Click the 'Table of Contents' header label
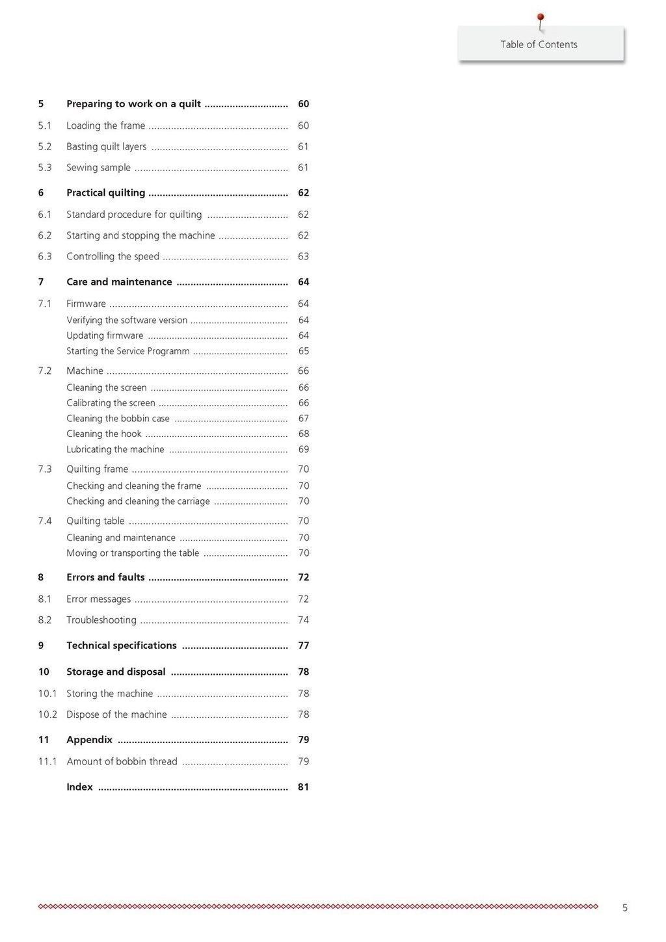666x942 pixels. [539, 44]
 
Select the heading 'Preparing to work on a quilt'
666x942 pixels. [133, 104]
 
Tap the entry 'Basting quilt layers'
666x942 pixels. [106, 147]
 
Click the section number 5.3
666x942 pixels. [44, 168]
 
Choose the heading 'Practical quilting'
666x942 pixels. [105, 193]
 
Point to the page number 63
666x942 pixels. [303, 257]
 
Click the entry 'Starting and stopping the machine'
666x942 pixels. [140, 236]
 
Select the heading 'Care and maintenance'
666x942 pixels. [119, 282]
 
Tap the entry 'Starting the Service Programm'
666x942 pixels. [128, 351]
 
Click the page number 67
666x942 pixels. [303, 419]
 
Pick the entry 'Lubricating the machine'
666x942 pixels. [115, 450]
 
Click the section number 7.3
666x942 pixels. [44, 469]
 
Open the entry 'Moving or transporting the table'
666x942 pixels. [133, 553]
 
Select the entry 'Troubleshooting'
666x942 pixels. [101, 620]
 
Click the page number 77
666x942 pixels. [303, 646]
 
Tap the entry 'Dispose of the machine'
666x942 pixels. [116, 714]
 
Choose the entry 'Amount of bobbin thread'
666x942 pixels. [122, 761]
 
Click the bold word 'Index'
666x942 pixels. [79, 787]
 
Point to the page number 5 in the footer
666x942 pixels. [625, 908]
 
